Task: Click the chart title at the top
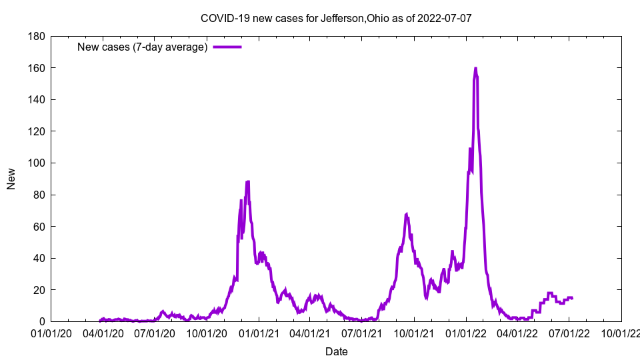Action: coord(336,18)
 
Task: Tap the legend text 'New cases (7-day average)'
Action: coord(143,47)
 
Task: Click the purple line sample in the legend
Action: coord(227,47)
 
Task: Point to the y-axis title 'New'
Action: coord(11,179)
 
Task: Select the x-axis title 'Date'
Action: coord(336,351)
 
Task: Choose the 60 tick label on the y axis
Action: coord(37,227)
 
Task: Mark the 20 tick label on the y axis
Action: coord(37,290)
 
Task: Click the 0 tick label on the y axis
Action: coord(40,322)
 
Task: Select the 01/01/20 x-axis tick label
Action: coord(51,333)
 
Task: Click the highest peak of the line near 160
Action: coord(475,68)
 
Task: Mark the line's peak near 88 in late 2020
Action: coord(248,181)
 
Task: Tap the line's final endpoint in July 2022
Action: coord(572,298)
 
